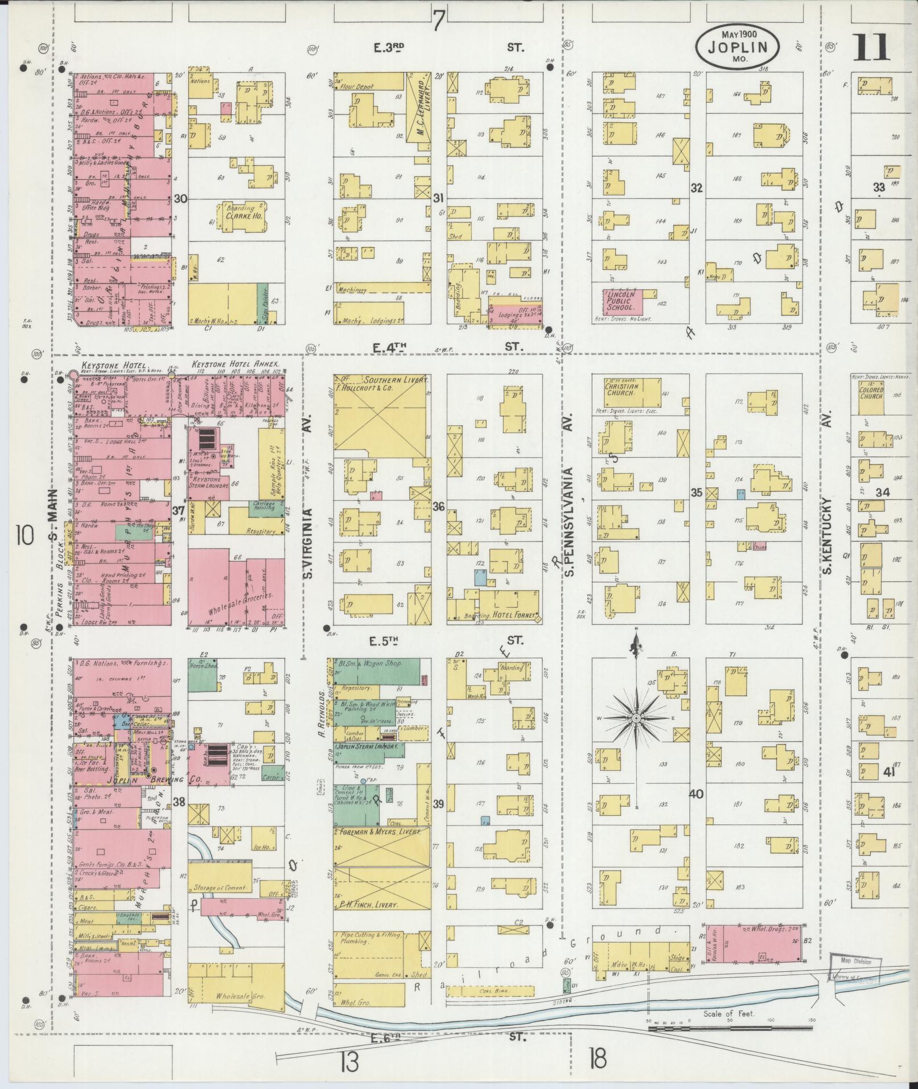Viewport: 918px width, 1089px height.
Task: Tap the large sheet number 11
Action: coord(871,47)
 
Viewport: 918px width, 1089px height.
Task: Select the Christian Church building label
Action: coord(621,389)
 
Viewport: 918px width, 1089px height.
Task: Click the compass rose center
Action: coord(636,718)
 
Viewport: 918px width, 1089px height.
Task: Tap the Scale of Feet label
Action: coord(728,1014)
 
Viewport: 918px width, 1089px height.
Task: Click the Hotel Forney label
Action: coord(516,615)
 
